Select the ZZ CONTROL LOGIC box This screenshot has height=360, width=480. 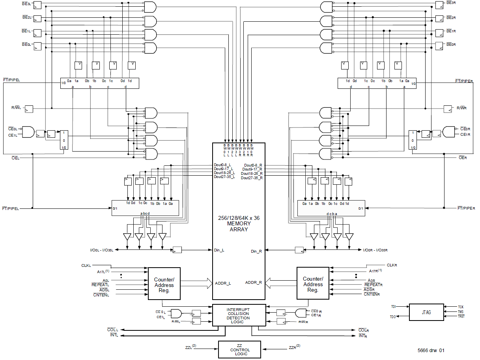(240, 350)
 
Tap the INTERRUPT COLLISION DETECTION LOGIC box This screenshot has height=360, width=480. (239, 315)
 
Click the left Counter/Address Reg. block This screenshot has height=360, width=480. (164, 283)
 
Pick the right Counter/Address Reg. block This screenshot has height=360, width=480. (313, 284)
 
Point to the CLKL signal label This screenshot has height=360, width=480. (86, 266)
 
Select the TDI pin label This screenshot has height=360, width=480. (393, 306)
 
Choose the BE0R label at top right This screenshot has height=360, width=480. (451, 45)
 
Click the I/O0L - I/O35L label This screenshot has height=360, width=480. (102, 250)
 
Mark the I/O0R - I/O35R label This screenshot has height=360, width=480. (375, 250)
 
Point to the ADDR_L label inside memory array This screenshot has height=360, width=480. (223, 283)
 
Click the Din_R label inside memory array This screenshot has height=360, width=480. (256, 251)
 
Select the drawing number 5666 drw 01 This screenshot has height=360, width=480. (431, 350)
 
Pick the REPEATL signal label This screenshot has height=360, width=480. (100, 284)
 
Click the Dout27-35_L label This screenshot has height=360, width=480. (224, 177)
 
